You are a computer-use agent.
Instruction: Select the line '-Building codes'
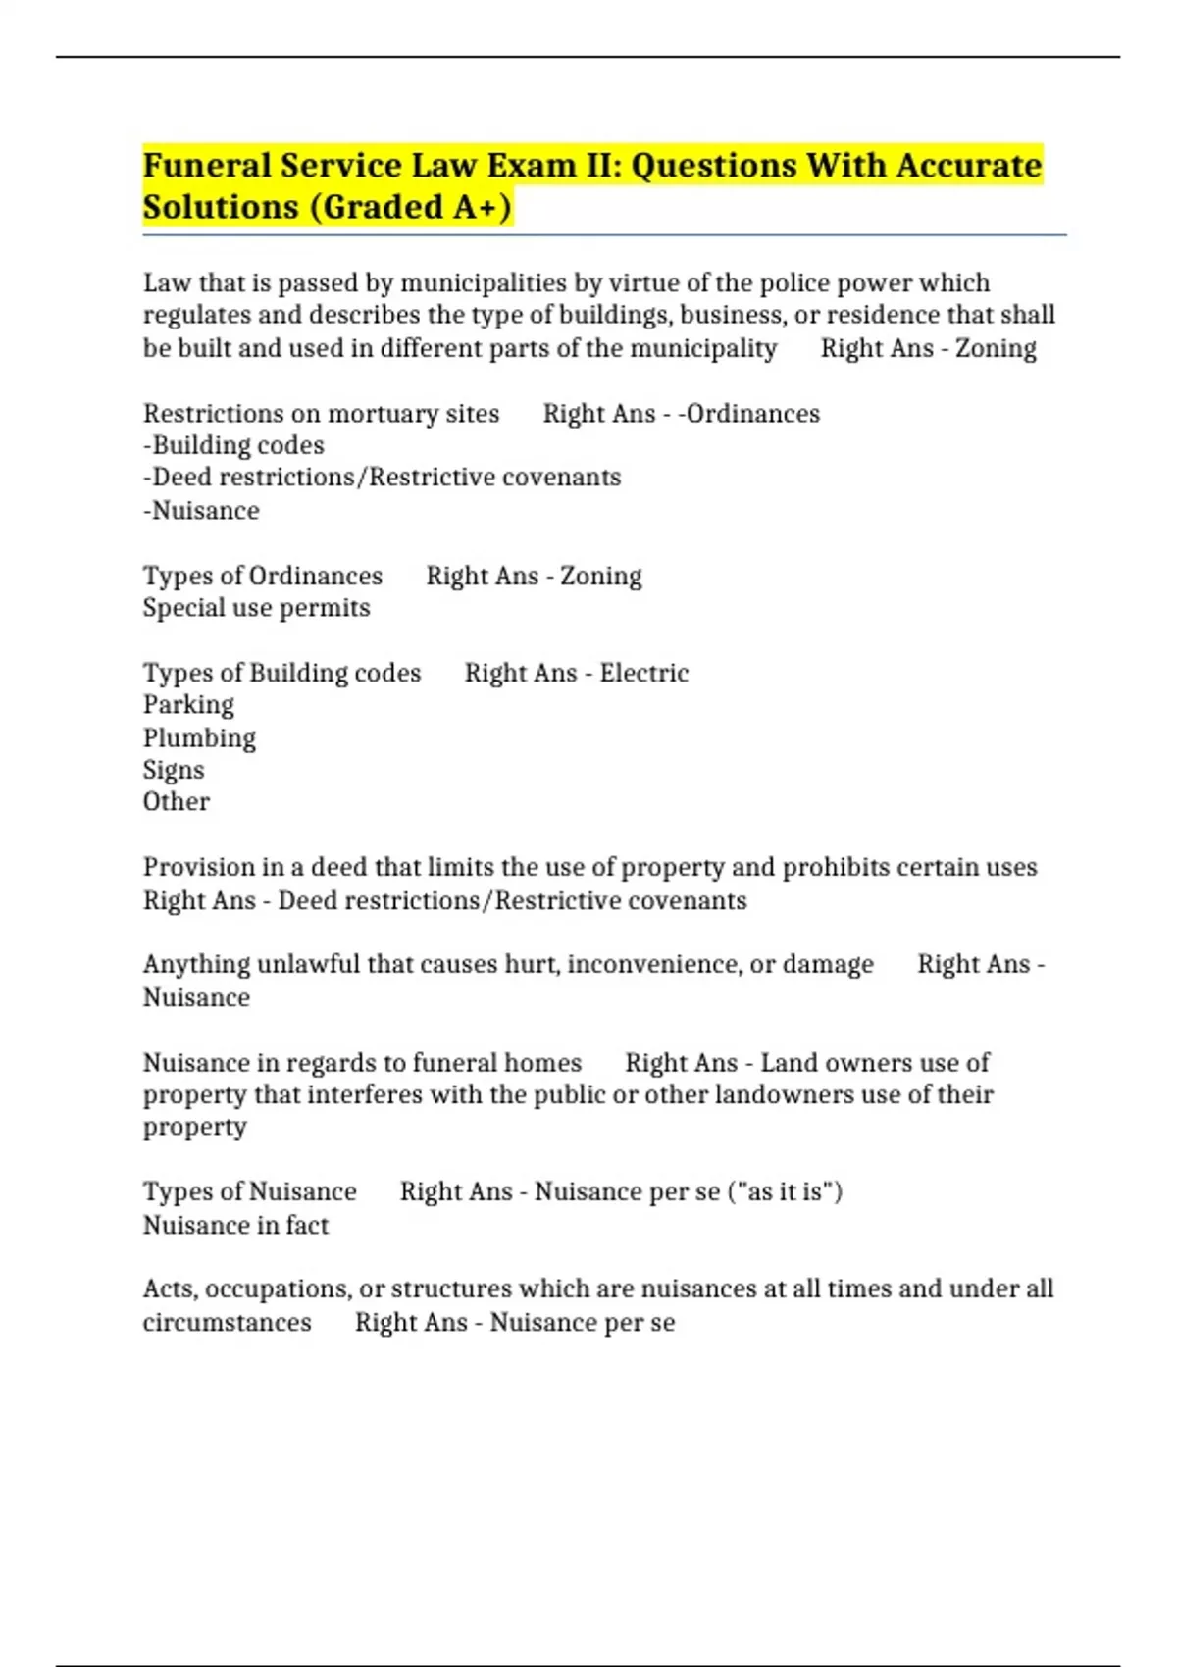pos(233,446)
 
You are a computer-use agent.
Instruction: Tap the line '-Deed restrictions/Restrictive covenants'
pos(382,478)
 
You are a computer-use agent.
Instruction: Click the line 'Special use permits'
pos(256,608)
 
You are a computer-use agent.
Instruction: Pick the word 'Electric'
pos(644,674)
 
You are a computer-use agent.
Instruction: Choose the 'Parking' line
pos(188,705)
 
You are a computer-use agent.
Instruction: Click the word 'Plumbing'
pos(199,738)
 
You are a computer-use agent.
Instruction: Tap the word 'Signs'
pos(174,771)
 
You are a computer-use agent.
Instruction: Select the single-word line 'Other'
pos(177,802)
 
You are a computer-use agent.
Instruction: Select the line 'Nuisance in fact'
pos(235,1226)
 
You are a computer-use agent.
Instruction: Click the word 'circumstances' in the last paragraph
pos(227,1323)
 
